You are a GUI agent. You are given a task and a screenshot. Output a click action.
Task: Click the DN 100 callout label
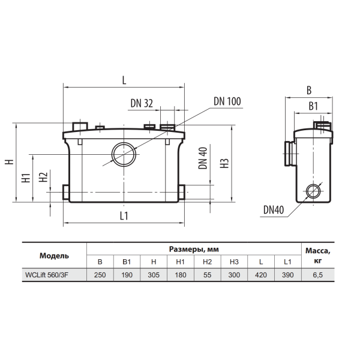[227, 101]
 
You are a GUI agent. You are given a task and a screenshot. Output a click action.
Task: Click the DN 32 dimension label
[142, 103]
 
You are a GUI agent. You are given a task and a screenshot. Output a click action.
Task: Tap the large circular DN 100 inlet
[124, 154]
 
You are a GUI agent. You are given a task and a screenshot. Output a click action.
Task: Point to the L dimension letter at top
[124, 80]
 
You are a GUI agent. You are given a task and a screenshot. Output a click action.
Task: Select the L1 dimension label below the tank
[124, 216]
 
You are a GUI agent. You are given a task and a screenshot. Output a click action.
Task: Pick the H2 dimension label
[43, 177]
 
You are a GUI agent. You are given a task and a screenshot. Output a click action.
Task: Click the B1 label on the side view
[313, 106]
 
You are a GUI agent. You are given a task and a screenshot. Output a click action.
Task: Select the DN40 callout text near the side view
[274, 209]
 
